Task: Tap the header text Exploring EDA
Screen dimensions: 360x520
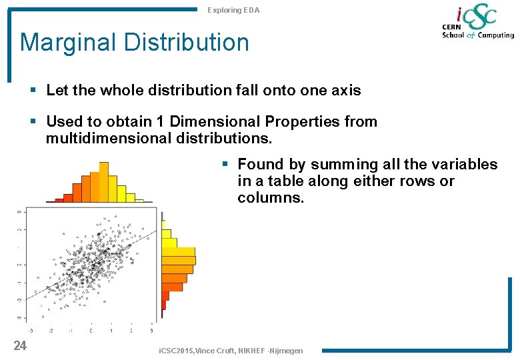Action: [233, 10]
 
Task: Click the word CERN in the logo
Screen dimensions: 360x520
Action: [453, 27]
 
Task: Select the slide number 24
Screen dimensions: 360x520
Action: [20, 345]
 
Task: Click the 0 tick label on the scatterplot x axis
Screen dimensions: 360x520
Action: [91, 330]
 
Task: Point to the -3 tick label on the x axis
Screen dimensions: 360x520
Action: [31, 330]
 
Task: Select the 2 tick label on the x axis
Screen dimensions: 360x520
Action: [131, 330]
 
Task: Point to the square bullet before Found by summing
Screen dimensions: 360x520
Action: [225, 164]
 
